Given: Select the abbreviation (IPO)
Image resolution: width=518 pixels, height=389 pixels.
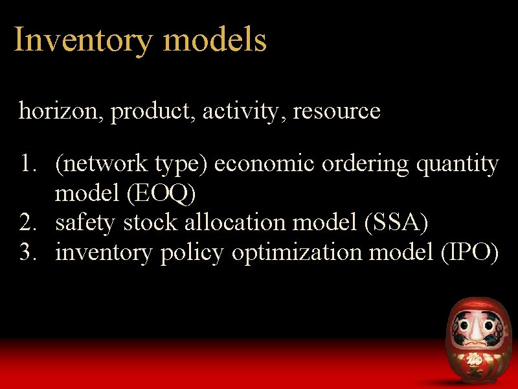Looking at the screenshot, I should (x=468, y=252).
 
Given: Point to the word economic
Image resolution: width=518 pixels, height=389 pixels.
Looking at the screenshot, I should (x=265, y=165).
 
